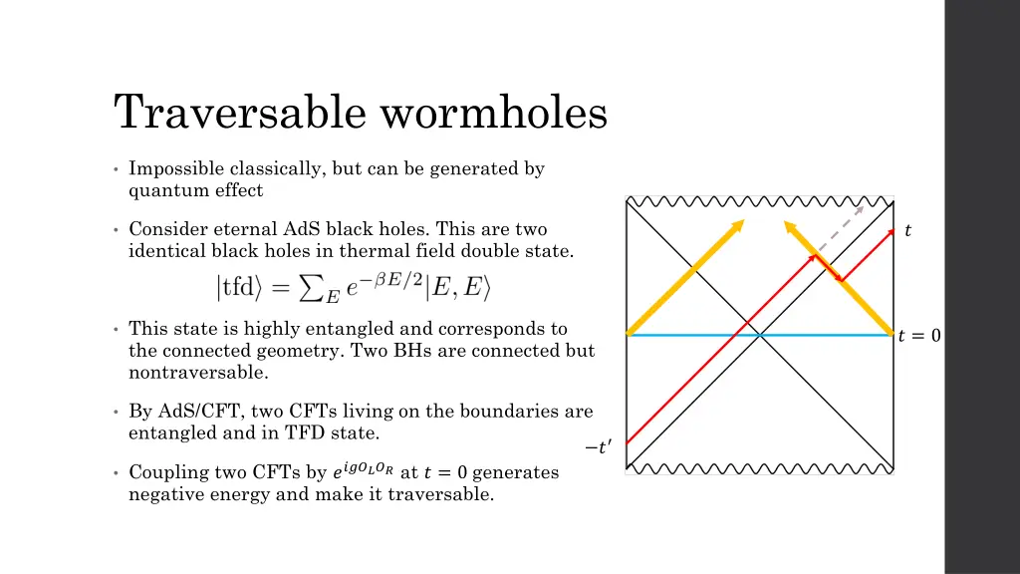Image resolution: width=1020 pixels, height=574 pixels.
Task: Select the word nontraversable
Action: point(198,373)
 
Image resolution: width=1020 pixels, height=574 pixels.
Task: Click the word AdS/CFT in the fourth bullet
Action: point(192,411)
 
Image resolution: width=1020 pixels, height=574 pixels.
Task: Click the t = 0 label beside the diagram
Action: point(918,336)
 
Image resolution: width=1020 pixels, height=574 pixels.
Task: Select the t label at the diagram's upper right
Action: point(907,231)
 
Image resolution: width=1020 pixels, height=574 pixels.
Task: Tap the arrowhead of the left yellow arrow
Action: point(740,223)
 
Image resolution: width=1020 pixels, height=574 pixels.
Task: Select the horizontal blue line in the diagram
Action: point(697,335)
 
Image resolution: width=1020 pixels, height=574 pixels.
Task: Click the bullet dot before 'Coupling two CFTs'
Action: point(117,472)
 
